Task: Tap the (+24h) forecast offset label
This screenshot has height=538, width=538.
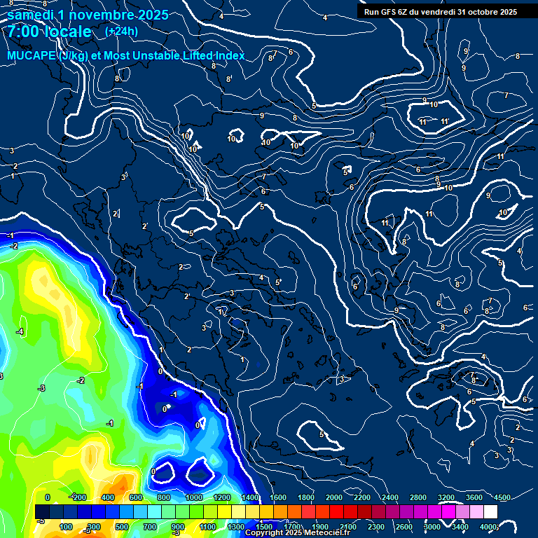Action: point(121,31)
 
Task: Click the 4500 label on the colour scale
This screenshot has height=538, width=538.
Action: point(502,497)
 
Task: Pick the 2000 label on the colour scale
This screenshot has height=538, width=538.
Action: point(334,497)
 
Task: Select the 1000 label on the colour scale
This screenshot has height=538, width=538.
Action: point(194,497)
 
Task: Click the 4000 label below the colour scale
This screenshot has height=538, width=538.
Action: point(488,527)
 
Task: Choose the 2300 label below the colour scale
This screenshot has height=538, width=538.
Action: point(376,527)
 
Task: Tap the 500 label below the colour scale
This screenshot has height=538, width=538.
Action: point(122,527)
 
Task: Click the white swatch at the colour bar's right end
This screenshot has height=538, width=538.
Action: point(490,512)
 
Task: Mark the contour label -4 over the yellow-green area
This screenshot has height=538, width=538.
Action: point(20,331)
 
